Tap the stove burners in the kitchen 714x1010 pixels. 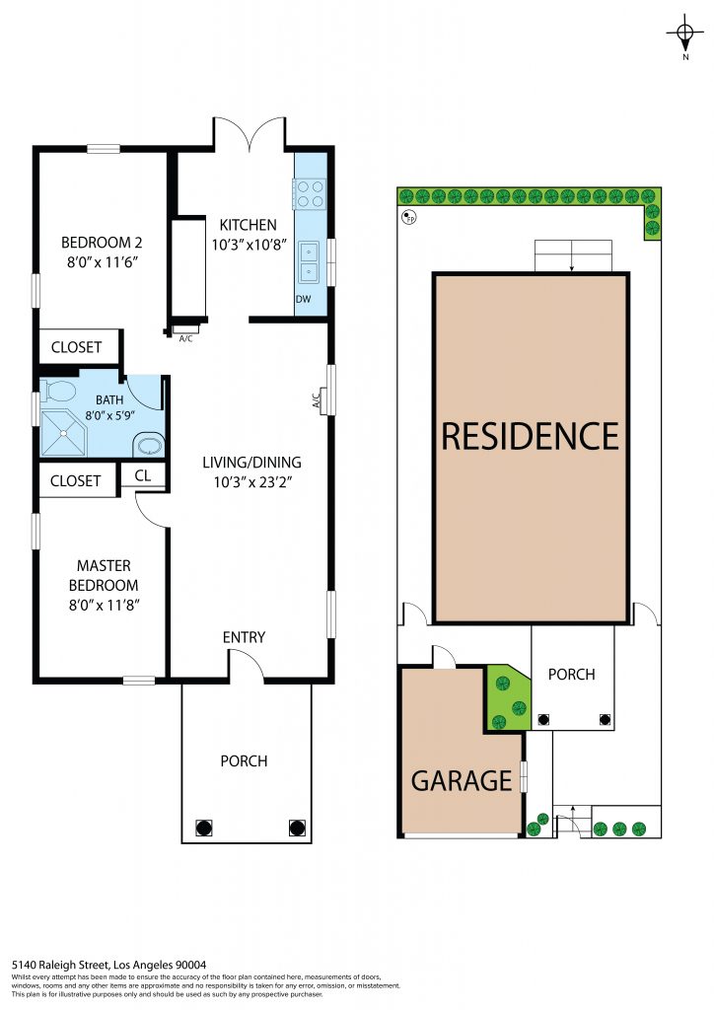(x=310, y=194)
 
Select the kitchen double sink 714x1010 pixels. (x=309, y=262)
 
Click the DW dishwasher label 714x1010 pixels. (x=303, y=299)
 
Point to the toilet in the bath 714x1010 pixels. (x=58, y=391)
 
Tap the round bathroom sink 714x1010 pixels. (x=149, y=446)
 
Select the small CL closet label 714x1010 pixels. (x=143, y=475)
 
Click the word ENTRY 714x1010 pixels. (x=244, y=637)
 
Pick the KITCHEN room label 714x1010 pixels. (x=248, y=225)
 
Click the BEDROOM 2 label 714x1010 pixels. (x=102, y=243)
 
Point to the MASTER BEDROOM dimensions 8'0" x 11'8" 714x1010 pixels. (x=105, y=605)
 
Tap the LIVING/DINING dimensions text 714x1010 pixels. (x=253, y=481)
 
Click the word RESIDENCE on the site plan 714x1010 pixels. (x=530, y=436)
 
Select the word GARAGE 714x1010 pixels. (x=461, y=781)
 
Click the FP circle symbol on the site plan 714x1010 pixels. (x=408, y=217)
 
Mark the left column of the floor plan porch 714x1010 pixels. (x=203, y=828)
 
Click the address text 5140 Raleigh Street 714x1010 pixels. (x=61, y=965)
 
